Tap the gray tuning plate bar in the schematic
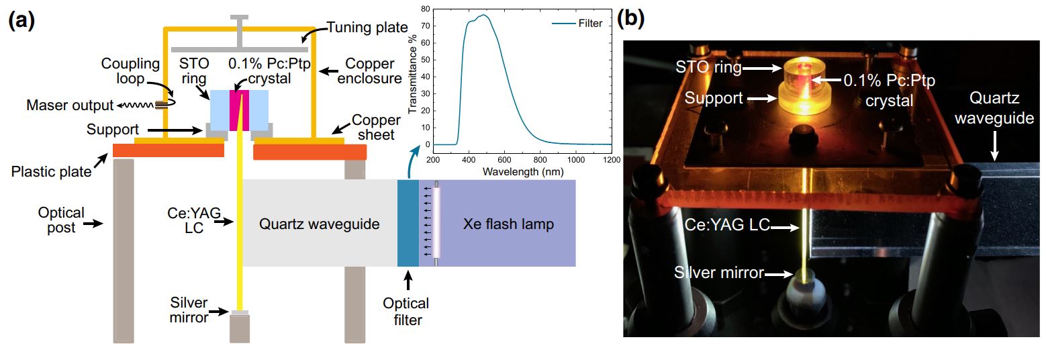click(240, 48)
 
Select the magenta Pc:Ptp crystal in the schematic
click(239, 107)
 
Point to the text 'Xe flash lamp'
click(508, 224)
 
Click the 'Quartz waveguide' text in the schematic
click(319, 224)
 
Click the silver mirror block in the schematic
click(240, 313)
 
